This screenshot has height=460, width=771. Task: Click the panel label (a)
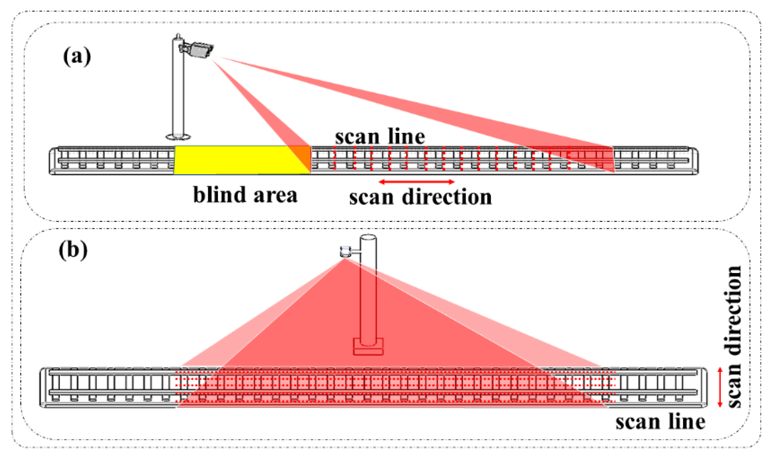(77, 57)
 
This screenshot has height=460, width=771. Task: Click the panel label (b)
(73, 250)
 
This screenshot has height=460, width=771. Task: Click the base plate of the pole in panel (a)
(178, 136)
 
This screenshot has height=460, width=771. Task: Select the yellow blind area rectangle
(230, 160)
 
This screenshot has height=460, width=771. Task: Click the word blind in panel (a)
(219, 195)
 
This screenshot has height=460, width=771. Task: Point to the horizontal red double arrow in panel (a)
(417, 182)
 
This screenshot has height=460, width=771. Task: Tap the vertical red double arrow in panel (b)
(720, 387)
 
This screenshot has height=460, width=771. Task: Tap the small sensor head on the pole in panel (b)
(345, 251)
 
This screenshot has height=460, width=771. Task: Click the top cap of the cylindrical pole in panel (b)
(367, 238)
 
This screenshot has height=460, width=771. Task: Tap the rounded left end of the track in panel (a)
(53, 161)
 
